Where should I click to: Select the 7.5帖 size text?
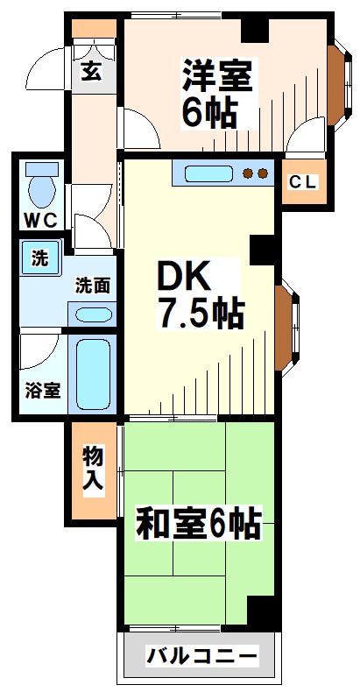tap(201, 313)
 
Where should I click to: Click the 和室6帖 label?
tap(198, 525)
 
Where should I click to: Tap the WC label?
tap(40, 220)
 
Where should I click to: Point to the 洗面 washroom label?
tap(91, 285)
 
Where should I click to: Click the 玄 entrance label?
tap(91, 73)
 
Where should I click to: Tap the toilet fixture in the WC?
tap(40, 185)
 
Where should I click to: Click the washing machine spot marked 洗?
tap(40, 259)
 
